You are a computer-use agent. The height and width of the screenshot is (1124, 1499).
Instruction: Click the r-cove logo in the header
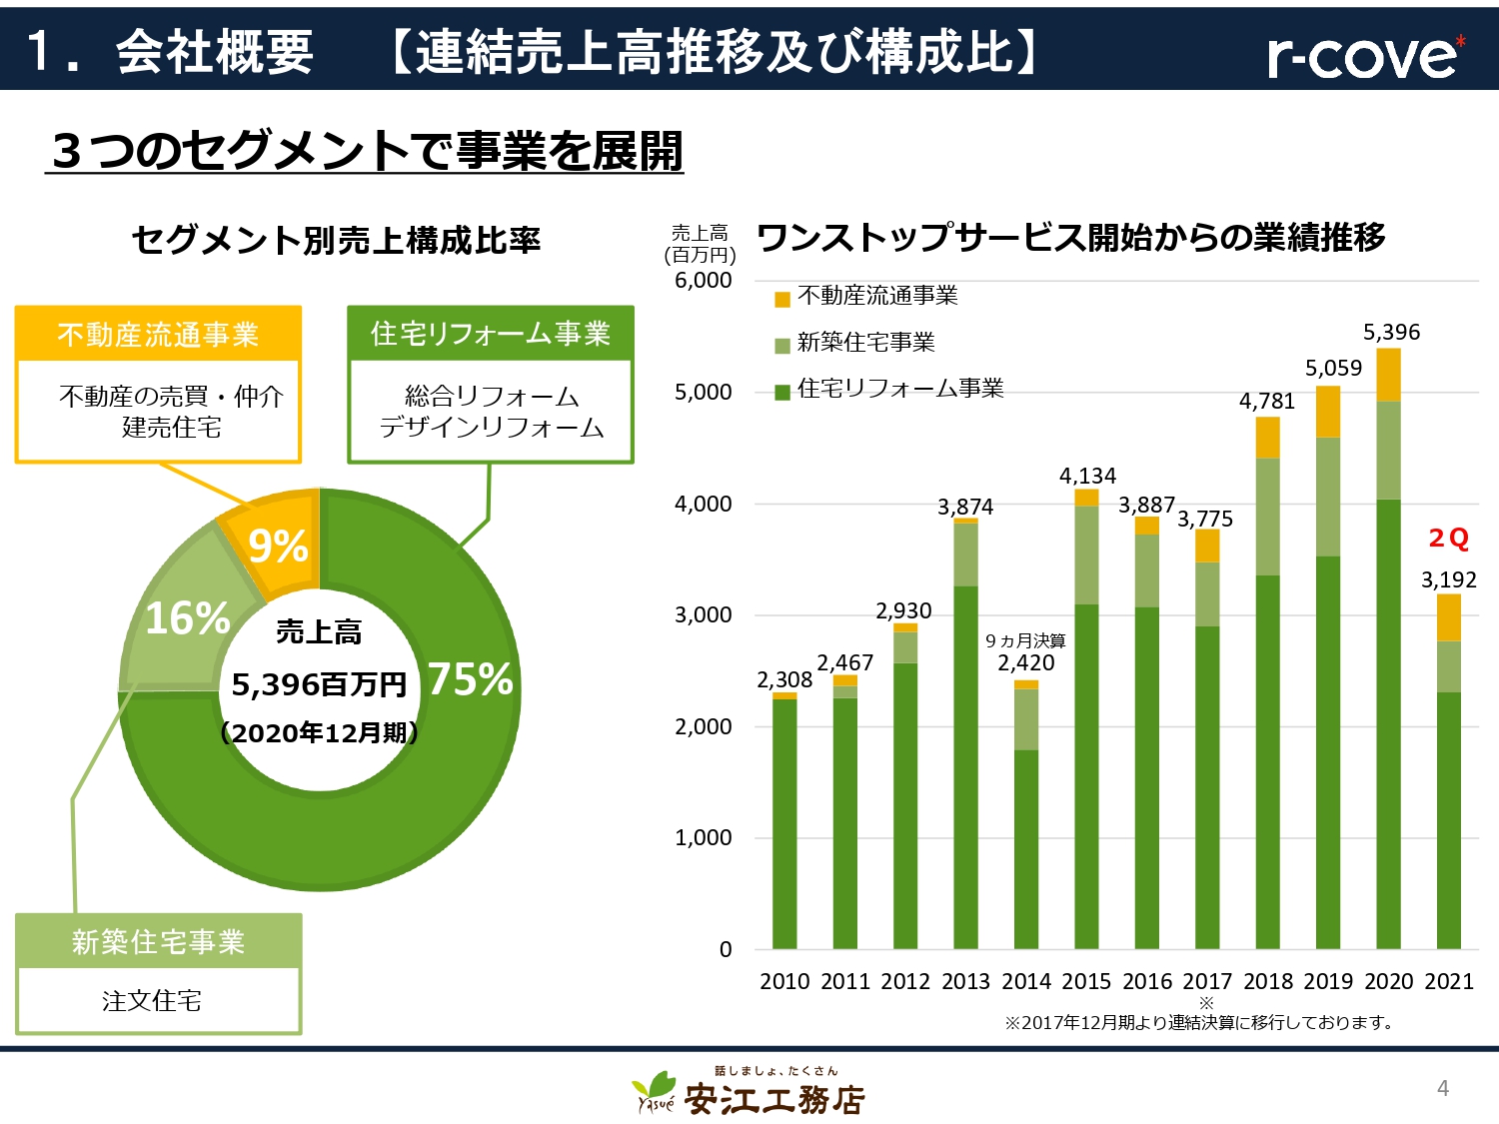click(x=1365, y=55)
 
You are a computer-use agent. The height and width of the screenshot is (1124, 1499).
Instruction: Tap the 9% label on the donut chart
click(x=278, y=546)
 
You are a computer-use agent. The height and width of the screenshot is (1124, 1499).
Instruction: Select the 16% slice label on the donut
click(x=188, y=618)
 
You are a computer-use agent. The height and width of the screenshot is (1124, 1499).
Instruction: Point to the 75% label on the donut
click(x=470, y=679)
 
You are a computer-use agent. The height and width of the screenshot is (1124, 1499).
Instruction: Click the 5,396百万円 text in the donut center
click(x=319, y=684)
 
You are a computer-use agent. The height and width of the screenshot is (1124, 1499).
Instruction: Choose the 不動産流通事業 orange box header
click(x=158, y=334)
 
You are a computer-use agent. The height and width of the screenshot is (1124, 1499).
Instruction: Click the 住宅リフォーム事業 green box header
click(x=490, y=334)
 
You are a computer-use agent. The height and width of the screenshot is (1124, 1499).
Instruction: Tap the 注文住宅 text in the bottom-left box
click(x=152, y=1000)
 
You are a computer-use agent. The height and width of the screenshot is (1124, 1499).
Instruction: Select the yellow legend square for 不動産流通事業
click(x=782, y=299)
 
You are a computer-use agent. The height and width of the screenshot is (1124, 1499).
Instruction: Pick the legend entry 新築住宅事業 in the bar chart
click(x=865, y=343)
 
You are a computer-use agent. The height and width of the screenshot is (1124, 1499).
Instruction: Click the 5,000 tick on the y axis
click(x=703, y=392)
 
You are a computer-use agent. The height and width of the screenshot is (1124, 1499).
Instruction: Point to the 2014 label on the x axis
click(x=1026, y=981)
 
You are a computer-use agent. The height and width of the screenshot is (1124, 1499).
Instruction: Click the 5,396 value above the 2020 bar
click(x=1391, y=332)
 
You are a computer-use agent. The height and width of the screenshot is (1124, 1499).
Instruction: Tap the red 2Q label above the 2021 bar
click(x=1448, y=539)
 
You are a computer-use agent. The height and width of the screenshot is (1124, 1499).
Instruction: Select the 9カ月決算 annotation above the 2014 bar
click(x=1025, y=640)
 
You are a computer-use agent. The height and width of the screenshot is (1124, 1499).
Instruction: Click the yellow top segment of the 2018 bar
click(x=1267, y=437)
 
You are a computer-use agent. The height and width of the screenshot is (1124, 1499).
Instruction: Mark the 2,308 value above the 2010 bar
click(x=784, y=679)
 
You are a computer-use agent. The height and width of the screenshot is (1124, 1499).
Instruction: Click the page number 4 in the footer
click(x=1442, y=1088)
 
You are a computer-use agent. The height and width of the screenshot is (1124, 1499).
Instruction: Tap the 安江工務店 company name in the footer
click(x=773, y=1100)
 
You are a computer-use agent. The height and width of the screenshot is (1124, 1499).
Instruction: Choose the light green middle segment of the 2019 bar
click(x=1328, y=497)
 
